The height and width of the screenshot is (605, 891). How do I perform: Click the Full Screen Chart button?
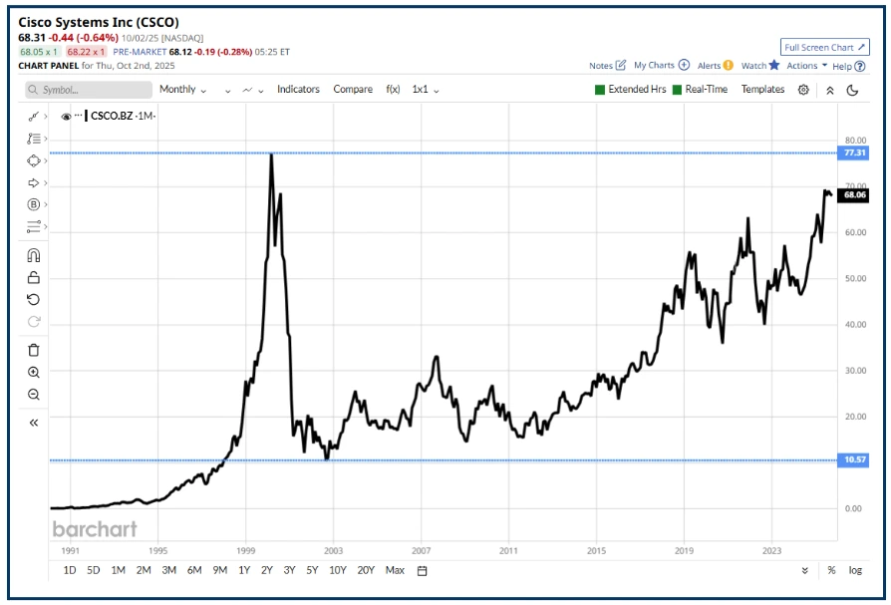coord(825,47)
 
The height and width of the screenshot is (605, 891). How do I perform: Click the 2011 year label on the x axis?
coord(508,549)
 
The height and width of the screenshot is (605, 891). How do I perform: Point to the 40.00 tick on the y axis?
coord(854,324)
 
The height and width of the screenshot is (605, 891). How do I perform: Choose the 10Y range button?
coord(339,570)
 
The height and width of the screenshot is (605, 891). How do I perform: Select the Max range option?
coord(395,570)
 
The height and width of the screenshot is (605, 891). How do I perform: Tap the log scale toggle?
coord(855,570)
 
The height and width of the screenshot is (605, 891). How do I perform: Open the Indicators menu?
coord(298,90)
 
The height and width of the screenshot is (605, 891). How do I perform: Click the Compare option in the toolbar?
coord(353,90)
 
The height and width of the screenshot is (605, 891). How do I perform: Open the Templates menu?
coord(762,90)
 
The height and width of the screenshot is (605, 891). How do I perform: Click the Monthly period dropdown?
coord(182,90)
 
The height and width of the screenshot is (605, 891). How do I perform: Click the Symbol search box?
coord(90,90)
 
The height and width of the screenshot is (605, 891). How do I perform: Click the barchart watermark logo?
coord(95,528)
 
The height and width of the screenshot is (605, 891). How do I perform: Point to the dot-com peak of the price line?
coord(271,155)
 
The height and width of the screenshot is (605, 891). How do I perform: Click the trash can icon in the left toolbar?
coord(34,350)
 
